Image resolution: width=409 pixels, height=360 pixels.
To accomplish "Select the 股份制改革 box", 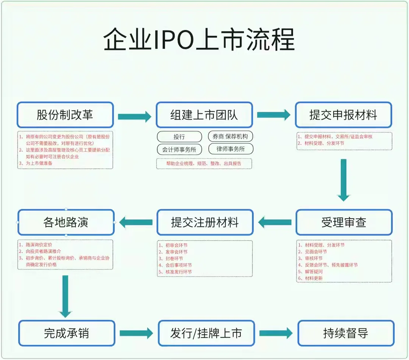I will [65, 115].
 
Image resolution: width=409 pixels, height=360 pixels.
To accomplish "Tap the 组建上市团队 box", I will [204, 115].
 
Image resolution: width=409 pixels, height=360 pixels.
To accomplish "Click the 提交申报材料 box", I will [343, 115].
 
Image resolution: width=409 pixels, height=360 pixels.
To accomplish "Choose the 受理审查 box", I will [344, 222].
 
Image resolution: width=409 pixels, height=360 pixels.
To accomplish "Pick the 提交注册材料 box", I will [205, 222].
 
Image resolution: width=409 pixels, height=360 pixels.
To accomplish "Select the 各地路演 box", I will [66, 222].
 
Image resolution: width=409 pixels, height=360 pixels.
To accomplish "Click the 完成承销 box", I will [67, 333].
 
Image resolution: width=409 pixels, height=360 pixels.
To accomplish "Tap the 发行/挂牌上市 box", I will [206, 333].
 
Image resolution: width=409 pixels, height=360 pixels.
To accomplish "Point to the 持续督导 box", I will [346, 333].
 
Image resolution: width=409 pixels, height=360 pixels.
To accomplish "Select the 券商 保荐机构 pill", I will [230, 136].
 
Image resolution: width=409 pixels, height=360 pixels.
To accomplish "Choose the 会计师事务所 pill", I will [180, 149].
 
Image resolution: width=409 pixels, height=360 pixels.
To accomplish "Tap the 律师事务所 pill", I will [230, 149].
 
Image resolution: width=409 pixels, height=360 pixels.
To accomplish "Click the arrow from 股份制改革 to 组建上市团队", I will [134, 117].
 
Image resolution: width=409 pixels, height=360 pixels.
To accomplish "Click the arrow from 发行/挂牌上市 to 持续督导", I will [276, 333].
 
